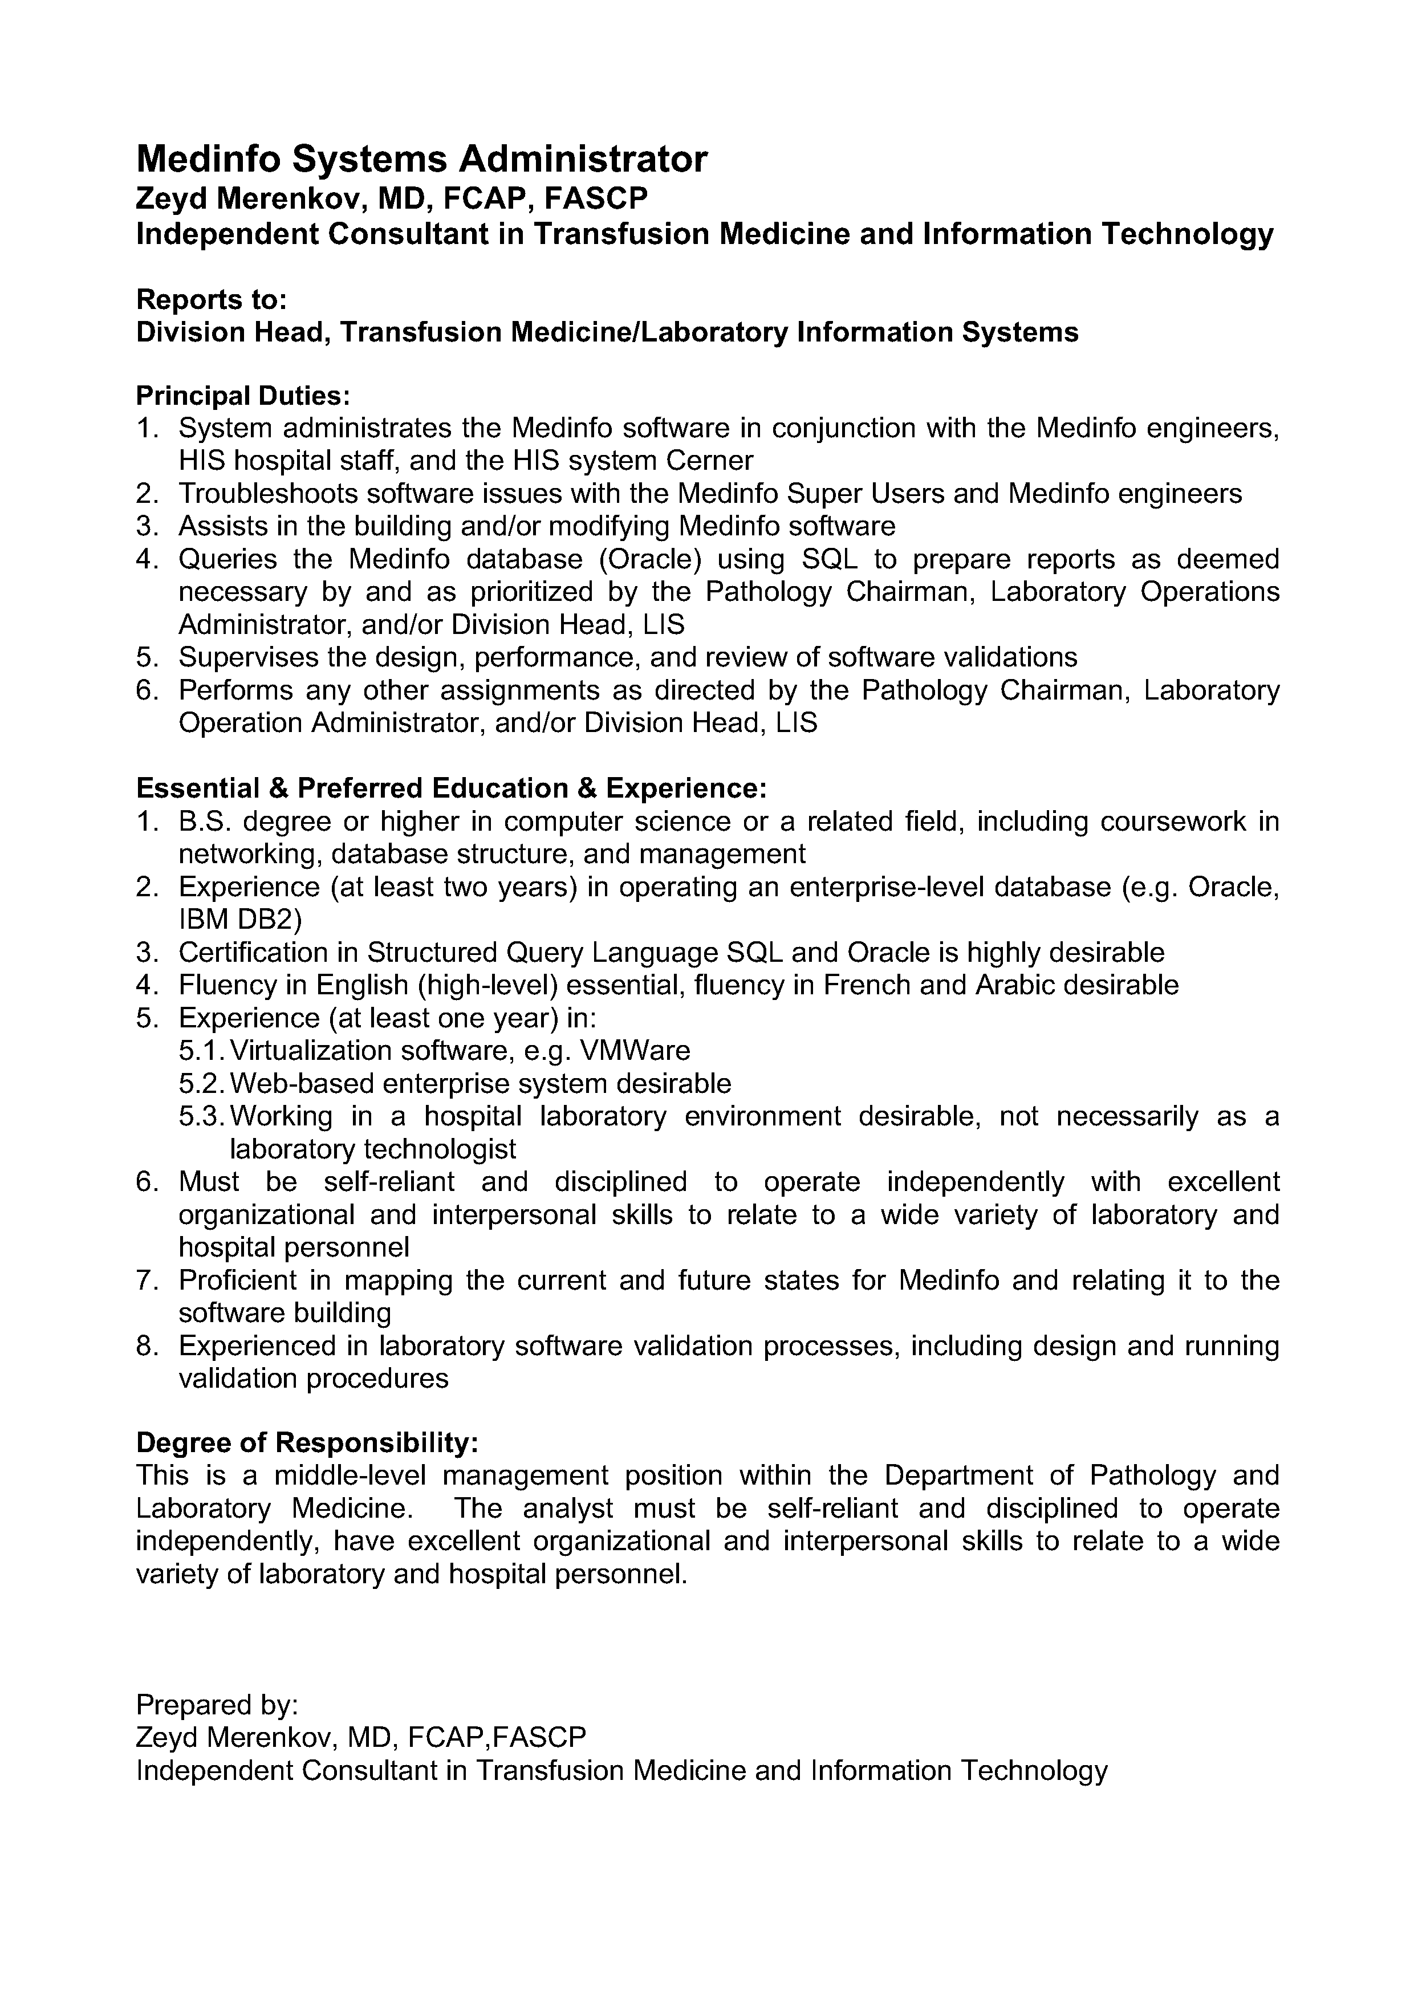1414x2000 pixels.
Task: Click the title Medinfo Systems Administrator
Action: click(x=422, y=160)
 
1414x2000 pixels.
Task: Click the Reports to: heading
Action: click(x=211, y=300)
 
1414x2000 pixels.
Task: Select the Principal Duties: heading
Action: click(x=243, y=396)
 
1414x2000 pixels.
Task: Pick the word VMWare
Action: click(x=634, y=1051)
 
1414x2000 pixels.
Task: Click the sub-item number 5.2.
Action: click(x=202, y=1084)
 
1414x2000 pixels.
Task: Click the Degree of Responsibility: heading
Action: click(x=307, y=1444)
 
